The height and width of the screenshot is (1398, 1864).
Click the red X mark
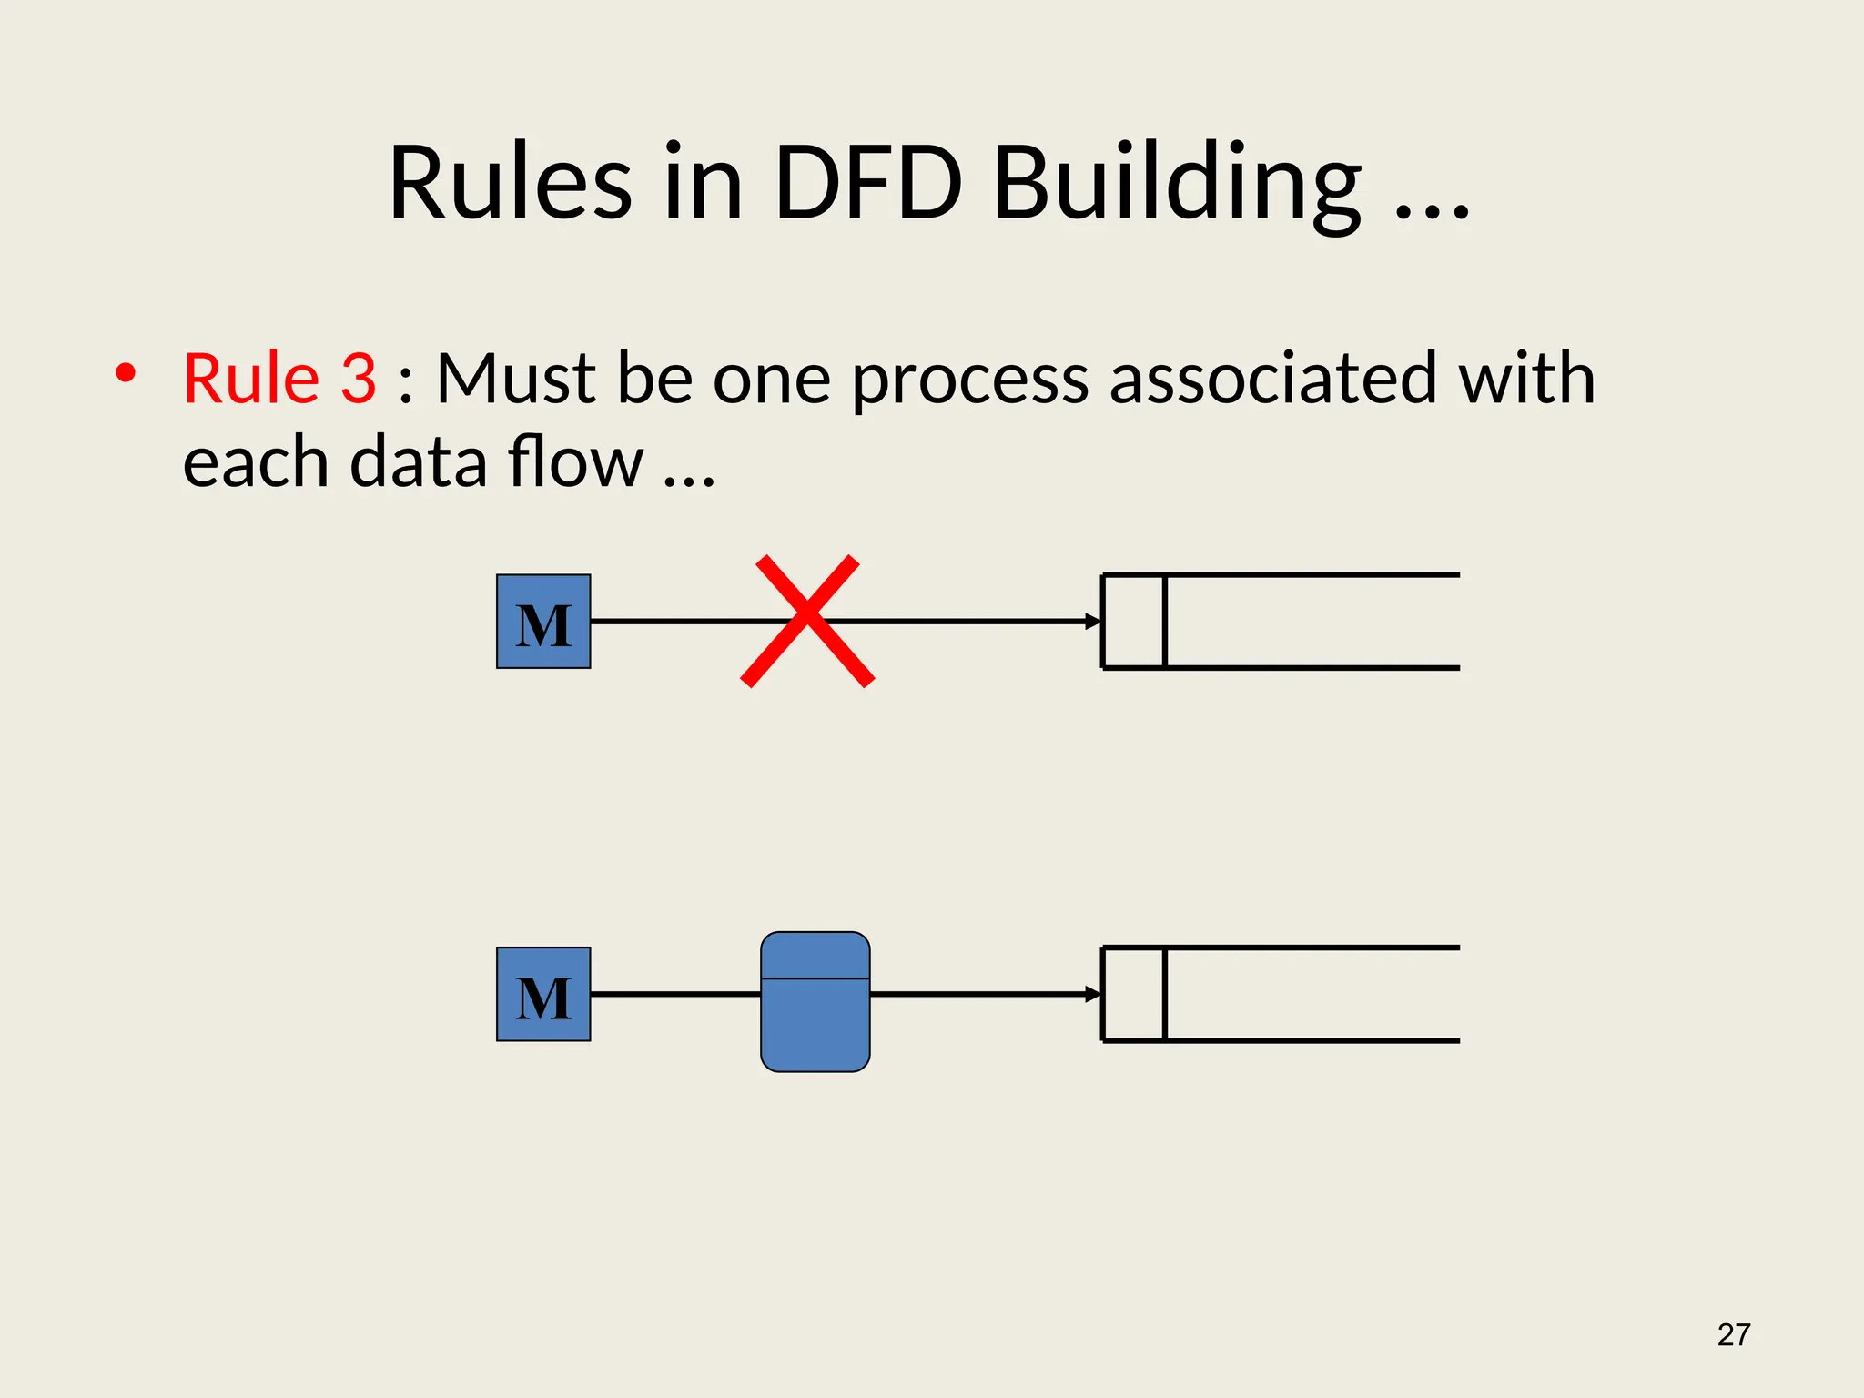[807, 621]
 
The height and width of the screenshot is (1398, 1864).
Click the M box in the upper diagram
[543, 622]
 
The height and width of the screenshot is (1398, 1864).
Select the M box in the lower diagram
[543, 994]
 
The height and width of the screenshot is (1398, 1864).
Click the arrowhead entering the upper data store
[1093, 622]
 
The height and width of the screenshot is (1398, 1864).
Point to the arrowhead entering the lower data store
[1093, 994]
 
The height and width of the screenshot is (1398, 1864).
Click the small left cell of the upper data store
[1134, 622]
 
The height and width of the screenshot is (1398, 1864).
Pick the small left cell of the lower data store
[1134, 994]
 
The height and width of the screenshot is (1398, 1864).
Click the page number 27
[1733, 1335]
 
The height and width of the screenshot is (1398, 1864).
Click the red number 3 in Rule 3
[358, 378]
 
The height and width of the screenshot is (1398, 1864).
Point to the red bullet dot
[126, 372]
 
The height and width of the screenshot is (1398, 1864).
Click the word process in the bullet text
[969, 380]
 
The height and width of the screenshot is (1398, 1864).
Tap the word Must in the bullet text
[515, 378]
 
